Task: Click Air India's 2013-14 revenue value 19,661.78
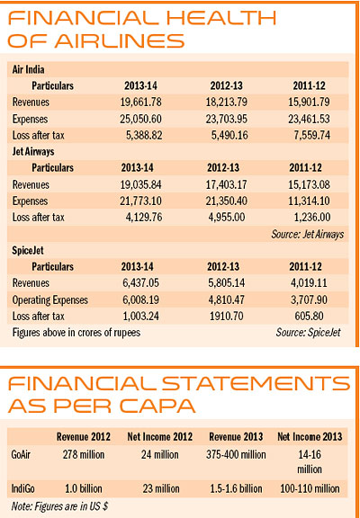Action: [140, 103]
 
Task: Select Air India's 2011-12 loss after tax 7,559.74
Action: [309, 135]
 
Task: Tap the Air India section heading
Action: [29, 70]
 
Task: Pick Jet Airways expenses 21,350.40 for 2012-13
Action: [227, 201]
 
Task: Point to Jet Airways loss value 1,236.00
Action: [311, 218]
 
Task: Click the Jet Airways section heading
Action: [33, 152]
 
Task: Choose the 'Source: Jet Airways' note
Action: [308, 234]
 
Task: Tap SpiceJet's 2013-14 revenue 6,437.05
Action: [140, 283]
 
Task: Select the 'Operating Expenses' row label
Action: [50, 299]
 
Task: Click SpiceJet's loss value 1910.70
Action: [227, 317]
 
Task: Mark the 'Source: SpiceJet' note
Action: [308, 332]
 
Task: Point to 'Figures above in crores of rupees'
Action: [76, 332]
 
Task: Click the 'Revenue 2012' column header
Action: [84, 437]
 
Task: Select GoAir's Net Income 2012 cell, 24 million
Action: [160, 454]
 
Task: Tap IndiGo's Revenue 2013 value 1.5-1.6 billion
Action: [236, 488]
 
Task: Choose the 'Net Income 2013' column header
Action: [310, 437]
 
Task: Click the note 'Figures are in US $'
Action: [59, 505]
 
